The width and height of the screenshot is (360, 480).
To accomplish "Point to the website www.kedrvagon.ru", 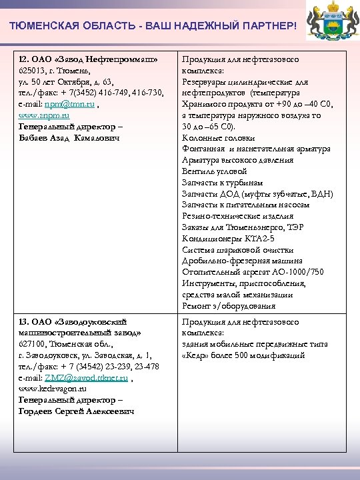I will pos(53,388).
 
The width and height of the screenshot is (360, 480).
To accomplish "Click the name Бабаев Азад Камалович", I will pos(69,137).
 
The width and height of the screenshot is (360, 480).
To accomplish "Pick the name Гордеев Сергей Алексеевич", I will pos(76,411).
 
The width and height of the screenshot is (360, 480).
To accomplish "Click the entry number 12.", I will pos(23,59).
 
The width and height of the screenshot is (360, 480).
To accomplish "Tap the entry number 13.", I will pos(23,322).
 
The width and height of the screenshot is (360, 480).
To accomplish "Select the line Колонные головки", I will pos(218,138).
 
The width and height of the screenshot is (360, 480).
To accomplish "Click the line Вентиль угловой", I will pos(215,171).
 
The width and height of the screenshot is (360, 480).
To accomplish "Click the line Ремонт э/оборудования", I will pos(228,306).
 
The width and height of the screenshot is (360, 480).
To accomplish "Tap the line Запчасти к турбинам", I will pos(222,183).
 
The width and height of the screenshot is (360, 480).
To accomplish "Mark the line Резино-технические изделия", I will pos(237,216).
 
